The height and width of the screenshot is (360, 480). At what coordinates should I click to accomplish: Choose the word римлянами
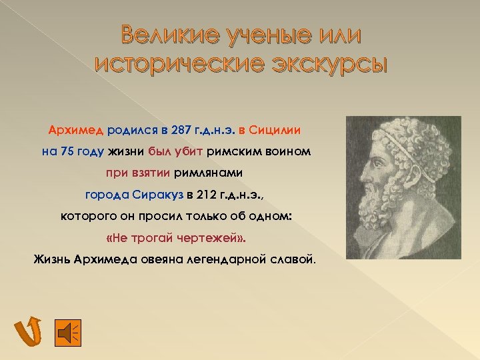[x=208, y=173]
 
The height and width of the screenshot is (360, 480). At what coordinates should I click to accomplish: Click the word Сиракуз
[x=157, y=195]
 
